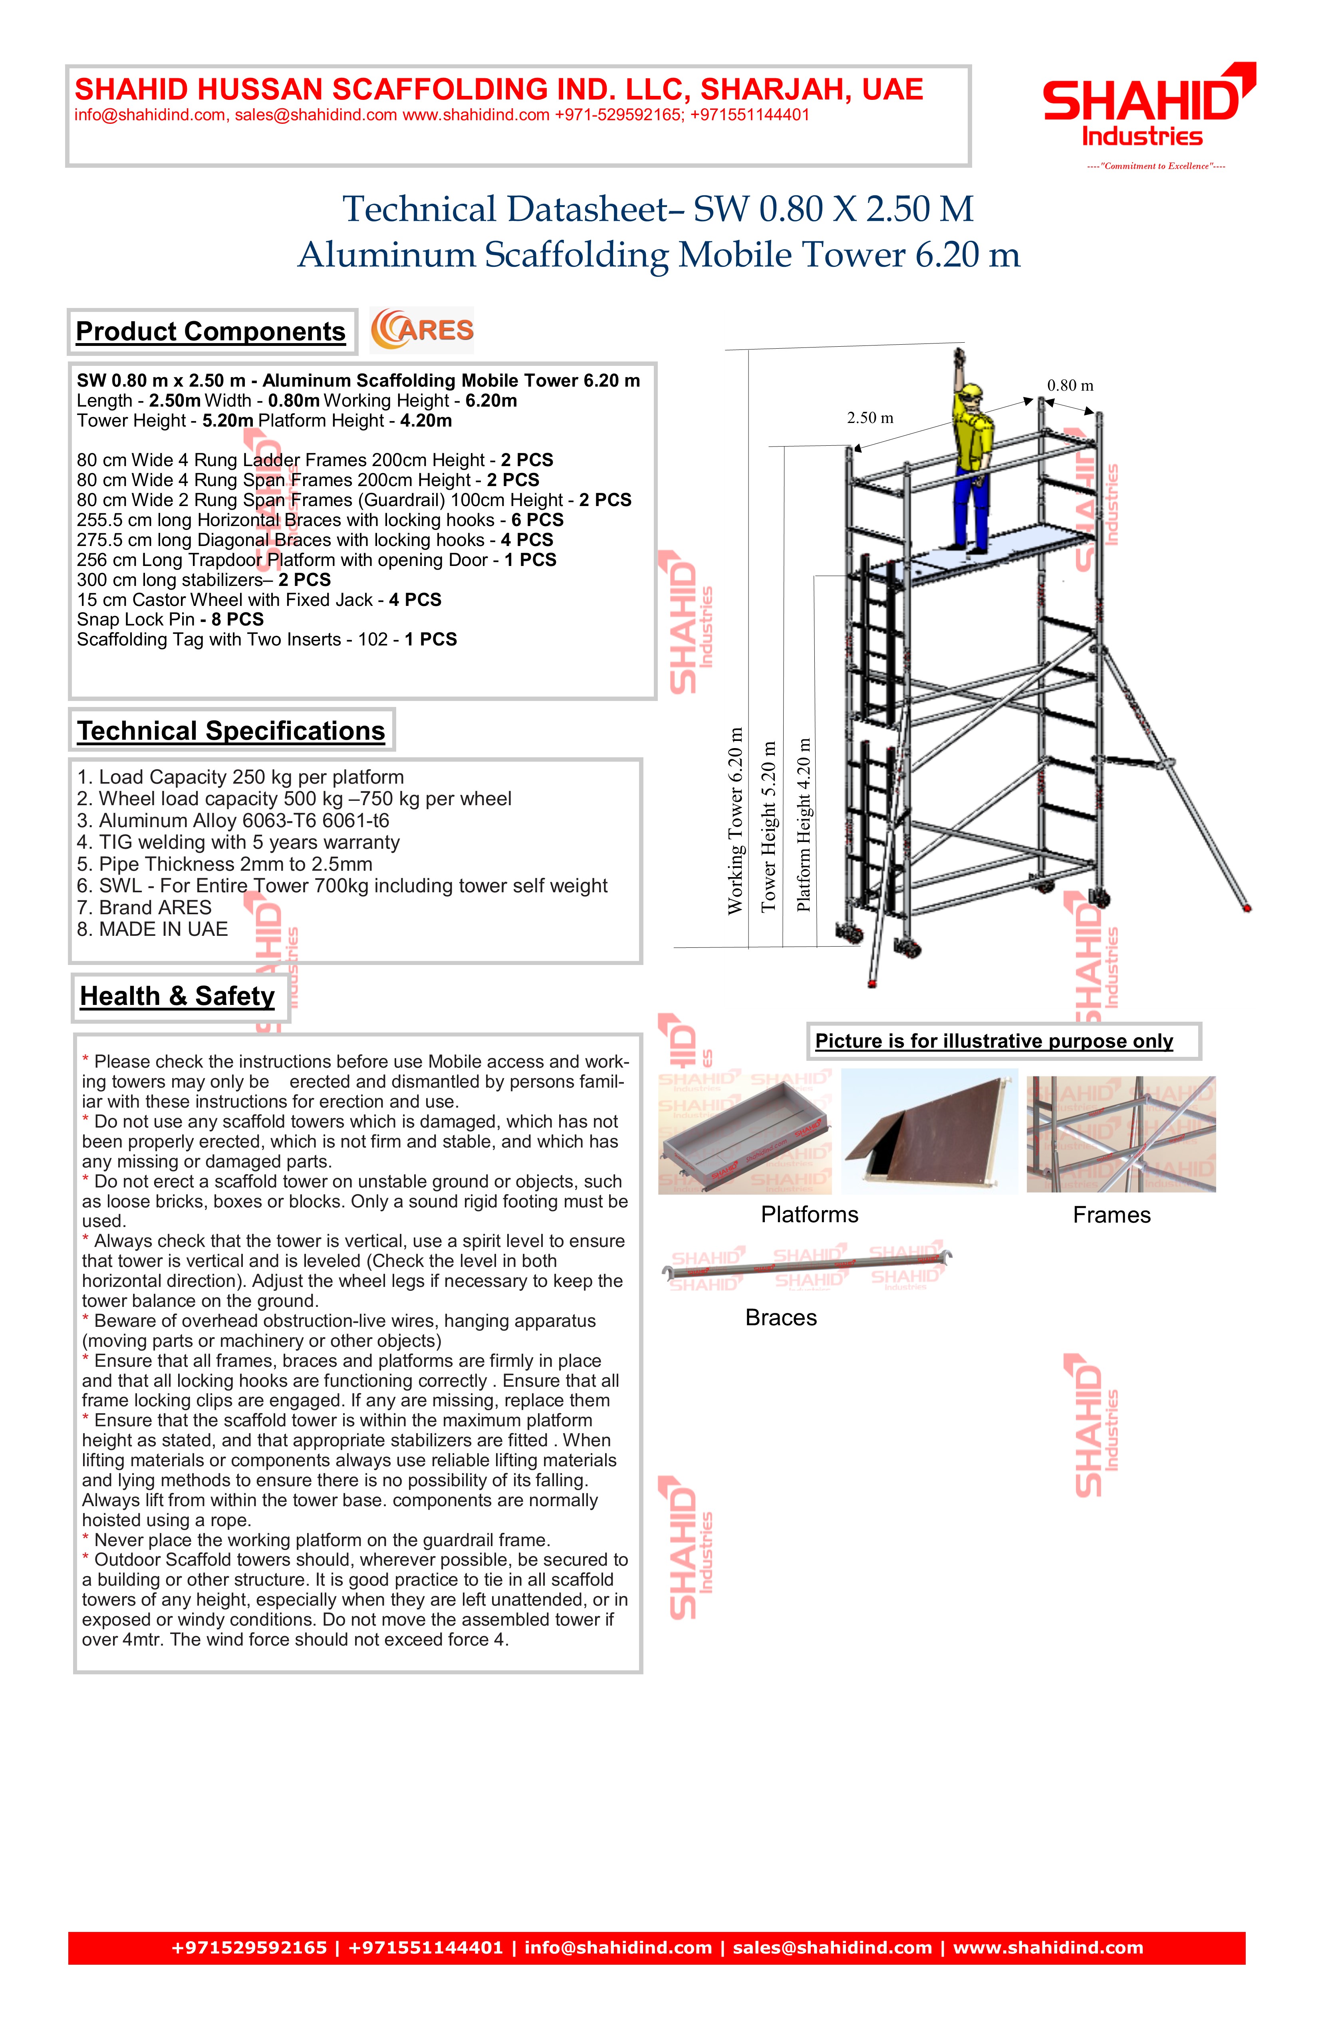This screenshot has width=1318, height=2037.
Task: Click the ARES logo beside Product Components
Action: [x=422, y=330]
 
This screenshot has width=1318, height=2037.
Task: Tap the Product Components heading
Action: [x=210, y=331]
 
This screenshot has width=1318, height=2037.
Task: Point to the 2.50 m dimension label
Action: [x=869, y=418]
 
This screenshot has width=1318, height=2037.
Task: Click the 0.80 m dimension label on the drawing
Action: [x=1070, y=385]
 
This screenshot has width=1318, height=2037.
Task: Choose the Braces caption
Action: [x=780, y=1317]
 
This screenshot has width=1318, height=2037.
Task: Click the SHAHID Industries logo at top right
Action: [x=1147, y=107]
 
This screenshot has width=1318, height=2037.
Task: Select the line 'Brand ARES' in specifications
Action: [x=144, y=907]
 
